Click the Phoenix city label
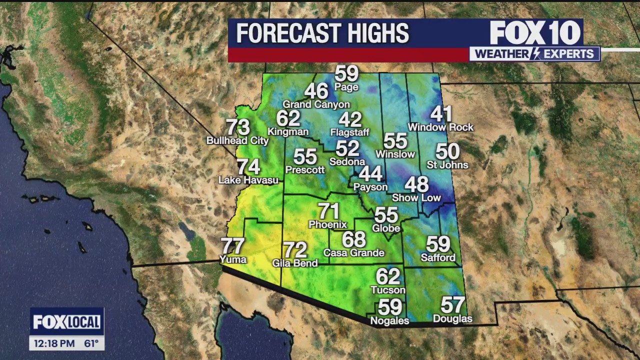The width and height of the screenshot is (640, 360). pos(327,224)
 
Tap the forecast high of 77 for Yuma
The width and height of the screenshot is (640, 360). pos(233,246)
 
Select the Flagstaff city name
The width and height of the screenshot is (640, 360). pos(349,132)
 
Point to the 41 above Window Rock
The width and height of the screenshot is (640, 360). pos(441,114)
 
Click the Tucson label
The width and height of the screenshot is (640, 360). pos(388,290)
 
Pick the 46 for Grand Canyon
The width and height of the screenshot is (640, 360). pos(316,91)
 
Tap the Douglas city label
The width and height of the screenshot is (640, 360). pos(452,318)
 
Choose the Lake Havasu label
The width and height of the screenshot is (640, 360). pos(248,180)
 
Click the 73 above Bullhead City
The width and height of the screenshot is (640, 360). pos(238,127)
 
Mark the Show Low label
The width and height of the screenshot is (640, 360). pos(416,197)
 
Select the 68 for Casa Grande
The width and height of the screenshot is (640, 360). pos(354,239)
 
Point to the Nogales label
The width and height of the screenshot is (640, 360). pos(389,320)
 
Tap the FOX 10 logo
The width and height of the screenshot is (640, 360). pos(535,33)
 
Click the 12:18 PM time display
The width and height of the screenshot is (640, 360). pos(54,343)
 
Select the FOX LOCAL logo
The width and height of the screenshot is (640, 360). pos(66,322)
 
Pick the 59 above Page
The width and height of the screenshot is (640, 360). pos(346,74)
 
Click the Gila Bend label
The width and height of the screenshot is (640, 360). pos(295,263)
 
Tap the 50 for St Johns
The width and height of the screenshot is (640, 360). pos(447,151)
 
